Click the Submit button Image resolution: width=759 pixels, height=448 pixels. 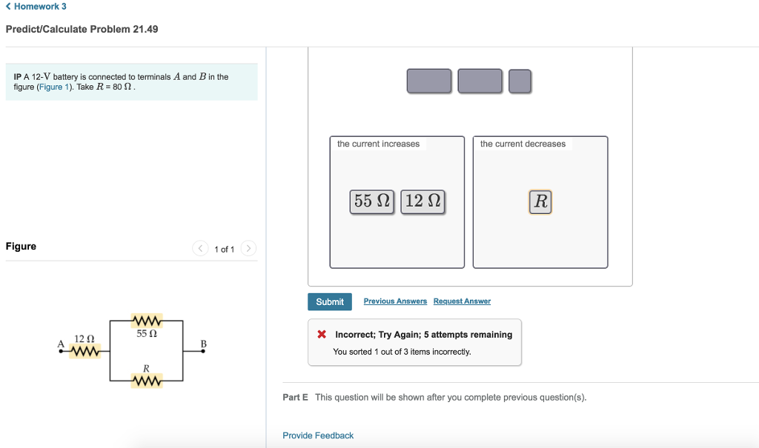(330, 301)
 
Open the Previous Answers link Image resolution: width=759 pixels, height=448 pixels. (395, 301)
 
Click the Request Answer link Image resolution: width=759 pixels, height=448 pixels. (462, 301)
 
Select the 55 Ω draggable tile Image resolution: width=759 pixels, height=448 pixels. (373, 201)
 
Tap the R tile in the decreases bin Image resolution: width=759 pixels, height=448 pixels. (540, 201)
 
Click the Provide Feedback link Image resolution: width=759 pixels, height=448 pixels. (318, 435)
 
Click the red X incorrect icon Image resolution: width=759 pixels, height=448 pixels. (322, 335)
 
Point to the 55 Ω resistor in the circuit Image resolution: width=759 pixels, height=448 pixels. (146, 321)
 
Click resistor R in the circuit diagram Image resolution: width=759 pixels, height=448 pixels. (146, 381)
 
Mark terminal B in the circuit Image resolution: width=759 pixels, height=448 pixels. (204, 350)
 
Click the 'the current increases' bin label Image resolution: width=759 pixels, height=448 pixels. (378, 144)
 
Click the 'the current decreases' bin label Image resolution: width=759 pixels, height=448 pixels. (523, 144)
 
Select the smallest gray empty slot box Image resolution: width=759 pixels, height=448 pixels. (520, 81)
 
